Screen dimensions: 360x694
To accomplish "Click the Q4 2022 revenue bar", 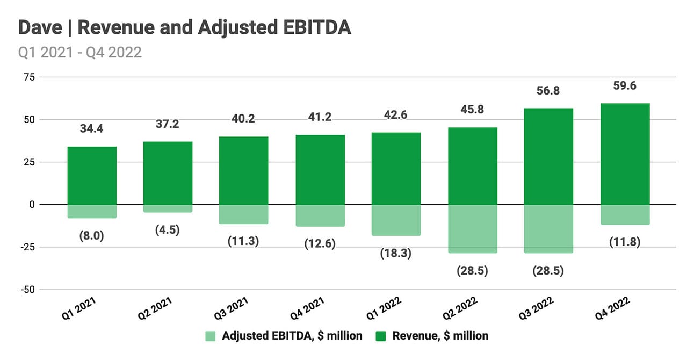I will click(624, 154).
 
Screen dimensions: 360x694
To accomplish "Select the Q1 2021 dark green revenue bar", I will click(92, 176).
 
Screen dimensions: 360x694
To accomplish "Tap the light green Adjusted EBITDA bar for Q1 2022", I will click(396, 220).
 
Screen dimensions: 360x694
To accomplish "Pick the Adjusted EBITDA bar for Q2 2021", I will click(168, 208).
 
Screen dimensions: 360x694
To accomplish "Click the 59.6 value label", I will click(624, 86).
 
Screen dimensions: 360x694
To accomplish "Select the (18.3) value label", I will click(396, 253).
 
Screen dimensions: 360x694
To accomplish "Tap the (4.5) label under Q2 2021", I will click(168, 229).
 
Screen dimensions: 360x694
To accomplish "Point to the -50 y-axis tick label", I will click(27, 290).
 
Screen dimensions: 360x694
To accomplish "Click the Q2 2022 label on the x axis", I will click(459, 311).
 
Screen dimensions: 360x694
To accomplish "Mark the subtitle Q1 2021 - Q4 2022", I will click(80, 52).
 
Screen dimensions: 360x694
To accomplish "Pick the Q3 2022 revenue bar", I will click(548, 156).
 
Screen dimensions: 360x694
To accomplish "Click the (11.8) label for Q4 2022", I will click(624, 242).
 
